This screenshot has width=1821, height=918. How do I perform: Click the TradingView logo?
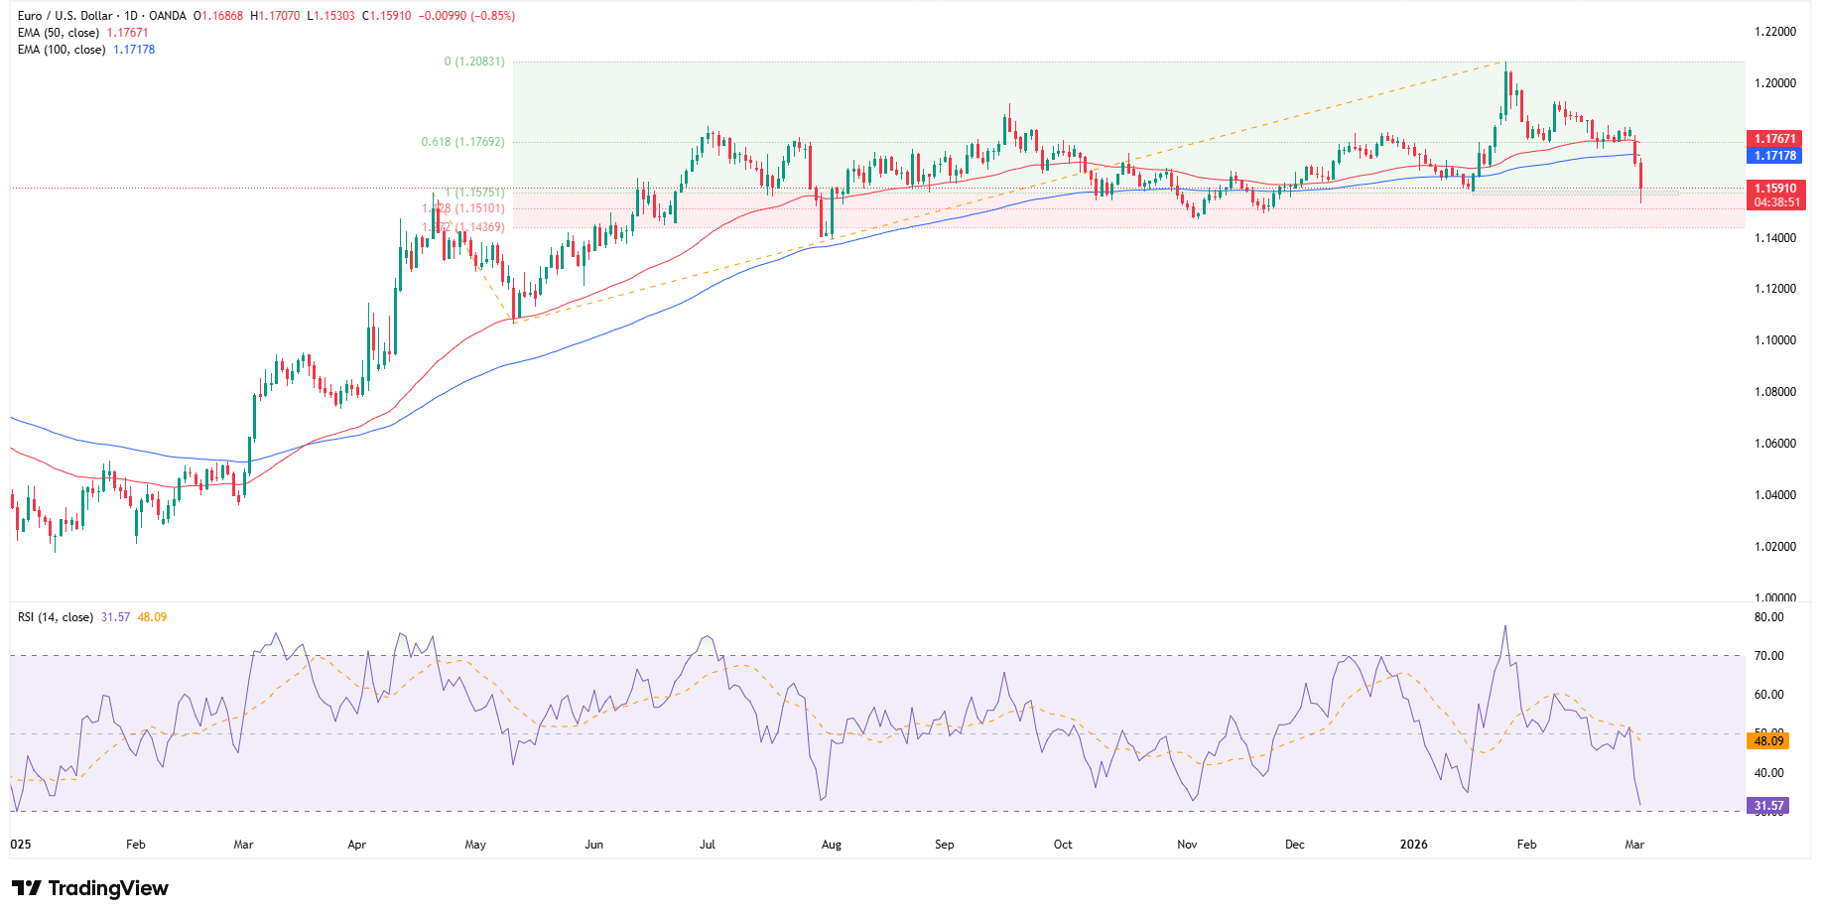click(90, 888)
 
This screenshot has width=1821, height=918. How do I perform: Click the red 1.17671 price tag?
click(1774, 139)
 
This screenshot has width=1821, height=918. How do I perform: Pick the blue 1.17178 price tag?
click(1774, 156)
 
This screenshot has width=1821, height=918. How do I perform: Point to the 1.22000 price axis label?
click(1774, 32)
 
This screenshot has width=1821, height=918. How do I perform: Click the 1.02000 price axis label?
click(1774, 547)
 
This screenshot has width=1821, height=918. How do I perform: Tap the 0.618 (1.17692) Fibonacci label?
click(462, 142)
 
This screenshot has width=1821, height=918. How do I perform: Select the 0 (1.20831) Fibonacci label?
click(473, 62)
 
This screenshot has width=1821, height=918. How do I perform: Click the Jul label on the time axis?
click(708, 845)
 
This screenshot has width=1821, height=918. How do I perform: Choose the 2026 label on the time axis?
click(1413, 845)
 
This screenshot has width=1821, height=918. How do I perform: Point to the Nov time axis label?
click(1187, 845)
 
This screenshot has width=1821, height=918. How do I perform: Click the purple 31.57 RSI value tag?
click(1767, 806)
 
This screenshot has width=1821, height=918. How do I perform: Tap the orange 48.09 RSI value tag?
click(1767, 741)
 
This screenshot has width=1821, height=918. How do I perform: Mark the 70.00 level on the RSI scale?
click(1768, 656)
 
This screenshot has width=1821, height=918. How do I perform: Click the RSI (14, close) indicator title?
click(56, 617)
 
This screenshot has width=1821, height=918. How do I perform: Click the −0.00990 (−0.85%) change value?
click(465, 16)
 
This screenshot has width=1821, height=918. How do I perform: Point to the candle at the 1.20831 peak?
click(1506, 89)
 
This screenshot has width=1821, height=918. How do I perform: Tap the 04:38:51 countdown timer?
click(1776, 202)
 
